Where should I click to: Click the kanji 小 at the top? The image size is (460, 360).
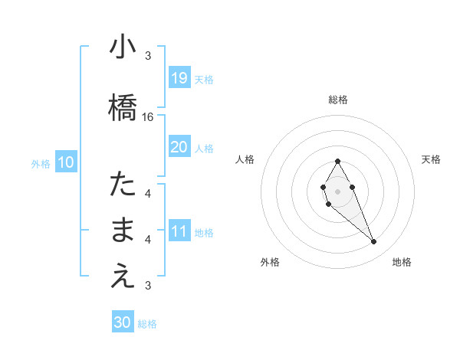pos(122,47)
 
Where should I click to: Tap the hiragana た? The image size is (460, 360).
pos(122,184)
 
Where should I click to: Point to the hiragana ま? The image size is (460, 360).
pos(122,230)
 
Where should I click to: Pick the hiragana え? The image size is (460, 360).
pos(122,277)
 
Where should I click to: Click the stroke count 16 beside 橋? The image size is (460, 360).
pos(148,117)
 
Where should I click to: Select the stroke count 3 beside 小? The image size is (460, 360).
pos(148,56)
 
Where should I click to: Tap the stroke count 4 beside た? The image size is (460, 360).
pos(148,193)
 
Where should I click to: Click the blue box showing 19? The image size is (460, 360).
pos(179,77)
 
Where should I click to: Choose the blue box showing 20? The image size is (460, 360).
pos(179,147)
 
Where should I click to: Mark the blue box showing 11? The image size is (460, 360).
pos(179,231)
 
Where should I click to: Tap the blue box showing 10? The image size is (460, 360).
pos(65,162)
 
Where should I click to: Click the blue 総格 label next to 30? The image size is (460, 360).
pos(147,324)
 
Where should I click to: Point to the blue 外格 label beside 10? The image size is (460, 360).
pos(41,163)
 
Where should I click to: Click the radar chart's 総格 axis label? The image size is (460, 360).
pos(337,100)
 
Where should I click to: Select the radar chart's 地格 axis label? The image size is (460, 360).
pos(402,262)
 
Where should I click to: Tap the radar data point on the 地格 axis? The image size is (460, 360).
pos(374,242)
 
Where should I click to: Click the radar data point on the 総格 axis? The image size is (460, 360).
pos(337,161)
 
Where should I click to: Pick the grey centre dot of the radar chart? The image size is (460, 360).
pos(337,191)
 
